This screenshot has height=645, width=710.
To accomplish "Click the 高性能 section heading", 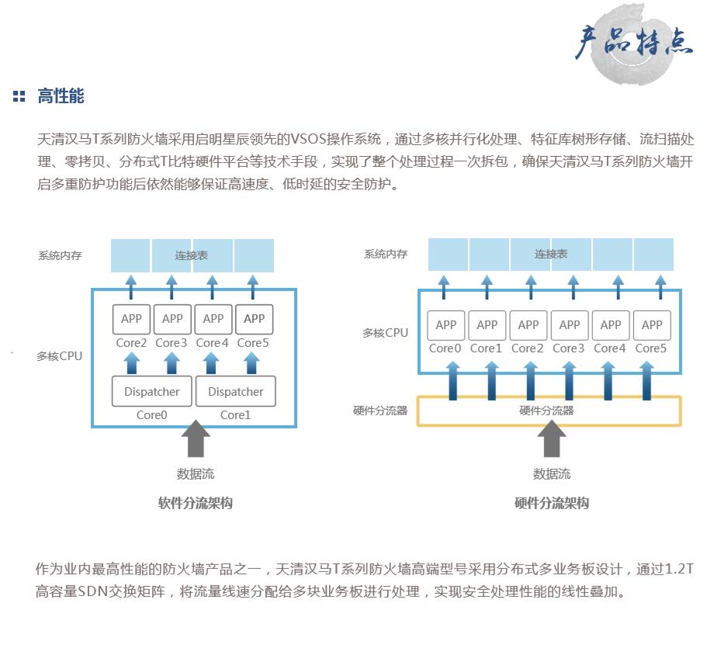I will click(x=61, y=96).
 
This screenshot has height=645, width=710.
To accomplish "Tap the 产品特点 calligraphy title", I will click(x=632, y=43).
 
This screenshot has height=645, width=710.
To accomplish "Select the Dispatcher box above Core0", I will click(x=151, y=391).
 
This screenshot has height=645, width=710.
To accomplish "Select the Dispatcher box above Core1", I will click(x=235, y=391).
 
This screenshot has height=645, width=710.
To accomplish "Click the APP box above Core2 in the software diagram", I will click(x=132, y=318).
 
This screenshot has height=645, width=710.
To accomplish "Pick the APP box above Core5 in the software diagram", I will click(x=254, y=318).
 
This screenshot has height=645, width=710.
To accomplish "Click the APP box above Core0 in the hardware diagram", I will click(x=446, y=324).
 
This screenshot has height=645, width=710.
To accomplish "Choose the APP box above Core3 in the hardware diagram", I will click(x=570, y=324).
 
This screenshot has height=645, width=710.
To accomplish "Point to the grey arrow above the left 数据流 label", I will click(x=195, y=439).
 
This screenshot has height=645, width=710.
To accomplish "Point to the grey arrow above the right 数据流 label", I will click(x=552, y=439).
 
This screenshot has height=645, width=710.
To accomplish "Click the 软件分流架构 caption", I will click(x=195, y=503).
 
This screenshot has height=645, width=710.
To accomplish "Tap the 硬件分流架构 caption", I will click(x=552, y=503).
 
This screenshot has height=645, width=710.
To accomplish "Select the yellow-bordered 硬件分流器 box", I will click(x=549, y=411).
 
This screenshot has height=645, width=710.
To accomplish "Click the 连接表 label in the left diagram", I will click(x=191, y=255).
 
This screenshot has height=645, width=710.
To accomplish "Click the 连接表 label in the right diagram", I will click(x=550, y=254).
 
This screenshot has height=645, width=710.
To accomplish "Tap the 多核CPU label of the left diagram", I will click(x=59, y=356).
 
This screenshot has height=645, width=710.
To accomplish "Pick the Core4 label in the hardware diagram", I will click(x=610, y=349).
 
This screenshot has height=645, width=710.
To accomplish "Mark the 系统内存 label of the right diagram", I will click(x=386, y=254).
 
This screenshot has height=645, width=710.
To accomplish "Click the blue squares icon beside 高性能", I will click(x=19, y=97).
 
